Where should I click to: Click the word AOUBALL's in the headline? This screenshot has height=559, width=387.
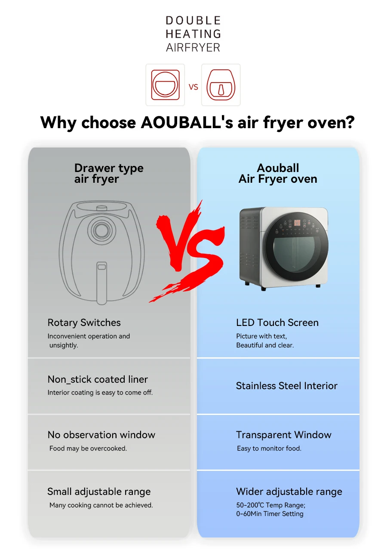pyautogui.click(x=187, y=123)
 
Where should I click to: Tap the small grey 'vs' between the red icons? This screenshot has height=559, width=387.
pyautogui.click(x=193, y=87)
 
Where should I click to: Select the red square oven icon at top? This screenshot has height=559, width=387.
pyautogui.click(x=165, y=85)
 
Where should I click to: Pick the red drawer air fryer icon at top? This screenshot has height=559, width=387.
pyautogui.click(x=221, y=85)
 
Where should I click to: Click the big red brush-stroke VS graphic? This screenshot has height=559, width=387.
pyautogui.click(x=188, y=252)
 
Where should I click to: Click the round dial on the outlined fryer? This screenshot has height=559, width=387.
pyautogui.click(x=101, y=230)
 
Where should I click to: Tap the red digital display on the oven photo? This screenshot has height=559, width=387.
pyautogui.click(x=297, y=223)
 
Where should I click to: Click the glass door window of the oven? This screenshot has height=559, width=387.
pyautogui.click(x=294, y=255)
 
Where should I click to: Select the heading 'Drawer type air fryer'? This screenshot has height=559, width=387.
pyautogui.click(x=109, y=173)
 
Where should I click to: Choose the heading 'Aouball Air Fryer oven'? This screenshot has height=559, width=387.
pyautogui.click(x=278, y=173)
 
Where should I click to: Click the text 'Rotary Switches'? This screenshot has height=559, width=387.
pyautogui.click(x=84, y=322)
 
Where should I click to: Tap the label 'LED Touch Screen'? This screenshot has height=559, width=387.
pyautogui.click(x=277, y=322)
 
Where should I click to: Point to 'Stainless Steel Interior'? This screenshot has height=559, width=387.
pyautogui.click(x=287, y=386)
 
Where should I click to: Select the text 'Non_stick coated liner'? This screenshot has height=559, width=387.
pyautogui.click(x=98, y=379)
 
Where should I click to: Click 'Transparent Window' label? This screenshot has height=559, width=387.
pyautogui.click(x=284, y=435)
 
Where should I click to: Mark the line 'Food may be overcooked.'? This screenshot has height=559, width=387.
pyautogui.click(x=88, y=448)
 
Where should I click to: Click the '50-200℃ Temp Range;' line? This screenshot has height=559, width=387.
pyautogui.click(x=271, y=505)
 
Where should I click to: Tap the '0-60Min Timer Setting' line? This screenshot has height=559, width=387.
pyautogui.click(x=270, y=514)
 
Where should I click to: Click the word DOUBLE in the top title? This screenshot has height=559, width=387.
pyautogui.click(x=193, y=21)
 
